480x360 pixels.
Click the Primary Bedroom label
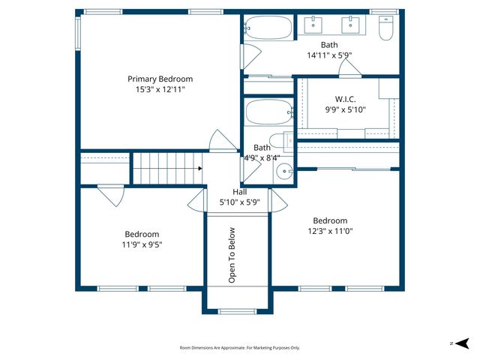[160, 79]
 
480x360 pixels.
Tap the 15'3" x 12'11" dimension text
[160, 89]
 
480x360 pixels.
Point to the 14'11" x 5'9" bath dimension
[329, 55]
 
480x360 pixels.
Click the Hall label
[239, 192]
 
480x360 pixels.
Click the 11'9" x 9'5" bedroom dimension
[142, 244]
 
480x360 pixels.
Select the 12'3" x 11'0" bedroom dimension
[330, 231]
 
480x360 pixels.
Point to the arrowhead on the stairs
[199, 169]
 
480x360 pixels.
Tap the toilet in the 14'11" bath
[386, 28]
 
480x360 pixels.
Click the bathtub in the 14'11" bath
[268, 28]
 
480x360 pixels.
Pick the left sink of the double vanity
[313, 25]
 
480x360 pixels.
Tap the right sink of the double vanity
[350, 25]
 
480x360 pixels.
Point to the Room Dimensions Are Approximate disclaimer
[239, 348]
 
